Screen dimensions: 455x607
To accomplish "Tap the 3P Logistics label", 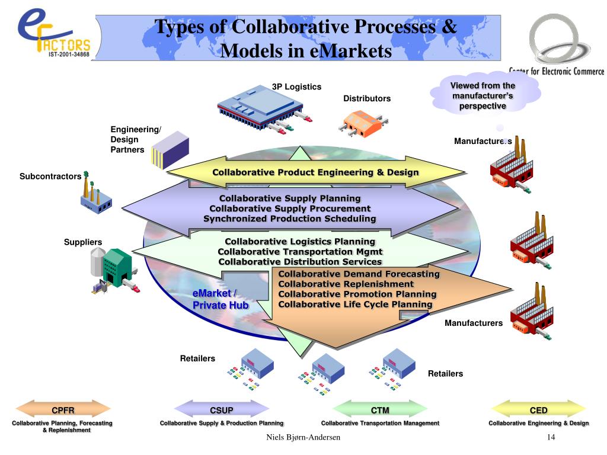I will [296, 87].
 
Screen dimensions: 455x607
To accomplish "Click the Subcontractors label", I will [50, 176].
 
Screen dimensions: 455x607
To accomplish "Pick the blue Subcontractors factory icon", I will [95, 196].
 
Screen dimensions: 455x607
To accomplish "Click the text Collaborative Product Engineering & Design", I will [316, 172].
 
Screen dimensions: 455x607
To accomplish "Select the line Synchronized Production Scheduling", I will [290, 219].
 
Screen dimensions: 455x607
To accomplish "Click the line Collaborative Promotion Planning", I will [357, 294].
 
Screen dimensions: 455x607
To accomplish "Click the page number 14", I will [551, 437].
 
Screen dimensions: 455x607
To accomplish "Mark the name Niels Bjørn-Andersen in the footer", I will [303, 437].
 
